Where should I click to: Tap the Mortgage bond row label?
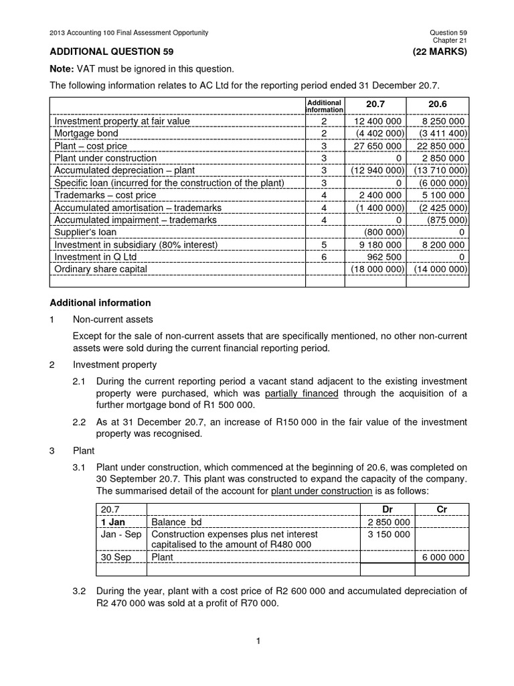(84, 133)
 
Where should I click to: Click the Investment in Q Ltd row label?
(95, 257)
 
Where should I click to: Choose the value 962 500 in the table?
(383, 257)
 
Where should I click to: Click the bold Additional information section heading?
(100, 303)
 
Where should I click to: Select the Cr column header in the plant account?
(441, 509)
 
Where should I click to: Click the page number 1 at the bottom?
(257, 641)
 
